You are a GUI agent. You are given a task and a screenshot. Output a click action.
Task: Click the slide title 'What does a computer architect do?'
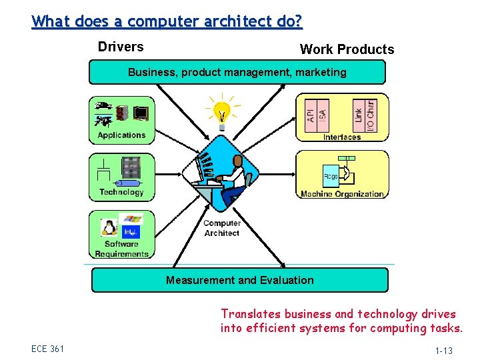click(x=167, y=21)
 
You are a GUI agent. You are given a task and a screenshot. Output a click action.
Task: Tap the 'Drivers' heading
click(x=121, y=47)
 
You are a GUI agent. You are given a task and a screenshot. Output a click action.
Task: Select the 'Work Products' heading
click(x=347, y=49)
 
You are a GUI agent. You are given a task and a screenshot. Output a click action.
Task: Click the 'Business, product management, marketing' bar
click(x=237, y=72)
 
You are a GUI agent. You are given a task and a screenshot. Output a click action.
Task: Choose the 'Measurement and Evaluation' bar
click(x=239, y=280)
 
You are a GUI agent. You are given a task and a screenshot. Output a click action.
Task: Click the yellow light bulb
click(x=222, y=113)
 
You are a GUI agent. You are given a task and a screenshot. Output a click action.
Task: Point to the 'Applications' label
click(x=121, y=135)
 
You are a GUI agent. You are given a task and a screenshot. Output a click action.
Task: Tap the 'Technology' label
click(x=121, y=192)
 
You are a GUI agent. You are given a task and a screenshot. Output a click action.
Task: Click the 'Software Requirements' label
click(x=121, y=249)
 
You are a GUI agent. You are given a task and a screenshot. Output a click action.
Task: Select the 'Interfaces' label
click(x=342, y=137)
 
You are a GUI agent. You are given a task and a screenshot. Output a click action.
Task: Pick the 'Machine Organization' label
click(x=342, y=194)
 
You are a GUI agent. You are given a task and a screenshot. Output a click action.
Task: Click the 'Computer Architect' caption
click(x=222, y=228)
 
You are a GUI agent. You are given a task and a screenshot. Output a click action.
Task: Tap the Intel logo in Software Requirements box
click(x=131, y=232)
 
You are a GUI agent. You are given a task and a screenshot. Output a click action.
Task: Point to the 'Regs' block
click(x=331, y=176)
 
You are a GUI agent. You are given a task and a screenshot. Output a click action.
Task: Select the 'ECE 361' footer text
click(x=47, y=349)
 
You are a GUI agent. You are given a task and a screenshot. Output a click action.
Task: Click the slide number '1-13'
click(x=443, y=351)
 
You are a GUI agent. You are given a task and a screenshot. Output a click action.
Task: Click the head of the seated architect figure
click(x=239, y=161)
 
